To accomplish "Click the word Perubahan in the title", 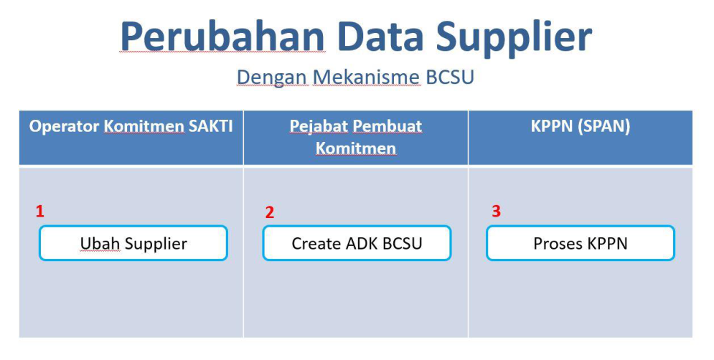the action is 222,37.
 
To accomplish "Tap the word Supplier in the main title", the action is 514,39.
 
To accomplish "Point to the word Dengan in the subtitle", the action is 272,78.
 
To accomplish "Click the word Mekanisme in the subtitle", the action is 367,77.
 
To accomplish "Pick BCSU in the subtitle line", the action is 450,77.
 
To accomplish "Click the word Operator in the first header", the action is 64,127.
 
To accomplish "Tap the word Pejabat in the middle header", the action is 319,126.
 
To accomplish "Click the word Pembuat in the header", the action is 387,125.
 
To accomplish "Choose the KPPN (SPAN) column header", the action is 580,126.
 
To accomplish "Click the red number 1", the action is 40,211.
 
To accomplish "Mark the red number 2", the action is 270,212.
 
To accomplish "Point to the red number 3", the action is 497,211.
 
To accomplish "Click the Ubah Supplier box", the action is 133,243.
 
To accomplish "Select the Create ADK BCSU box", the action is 357,243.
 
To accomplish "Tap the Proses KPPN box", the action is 580,243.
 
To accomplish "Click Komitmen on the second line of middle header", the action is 356,148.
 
